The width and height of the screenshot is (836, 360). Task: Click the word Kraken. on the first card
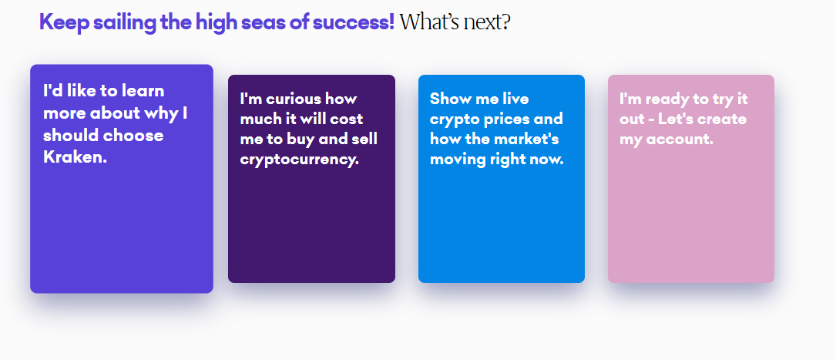tap(76, 156)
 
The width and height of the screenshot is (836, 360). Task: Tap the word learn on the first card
tap(143, 91)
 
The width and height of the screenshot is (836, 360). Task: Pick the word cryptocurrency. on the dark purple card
tap(300, 160)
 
